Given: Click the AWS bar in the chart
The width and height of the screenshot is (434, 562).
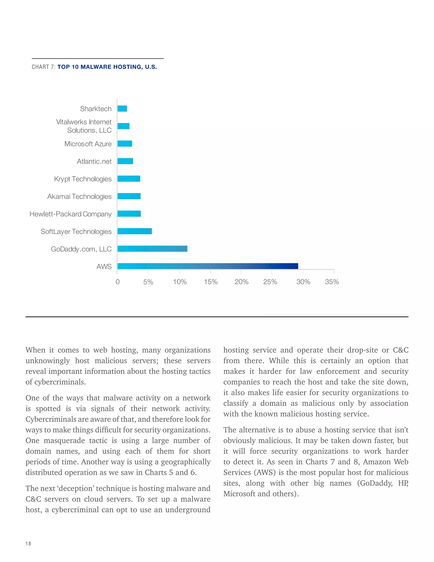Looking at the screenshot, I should pos(208,266).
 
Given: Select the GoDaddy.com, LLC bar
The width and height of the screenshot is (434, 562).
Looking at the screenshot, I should pos(152,249).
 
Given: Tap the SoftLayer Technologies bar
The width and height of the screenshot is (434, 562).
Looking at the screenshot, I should pos(135,231).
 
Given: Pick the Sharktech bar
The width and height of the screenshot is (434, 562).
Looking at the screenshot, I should pos(122,109).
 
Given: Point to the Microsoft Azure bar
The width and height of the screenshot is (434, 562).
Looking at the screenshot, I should pos(125,144).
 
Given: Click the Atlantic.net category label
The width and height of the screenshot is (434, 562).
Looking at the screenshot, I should pos(94,161).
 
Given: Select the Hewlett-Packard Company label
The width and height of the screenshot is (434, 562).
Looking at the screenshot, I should pos(70,214).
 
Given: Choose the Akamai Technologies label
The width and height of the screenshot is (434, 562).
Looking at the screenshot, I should pos(79,196).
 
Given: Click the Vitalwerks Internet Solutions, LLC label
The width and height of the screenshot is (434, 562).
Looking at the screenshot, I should pos(84,126).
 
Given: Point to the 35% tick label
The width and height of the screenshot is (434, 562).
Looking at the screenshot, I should pos(332,282).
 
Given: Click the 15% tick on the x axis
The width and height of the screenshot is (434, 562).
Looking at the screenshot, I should pos(211,282).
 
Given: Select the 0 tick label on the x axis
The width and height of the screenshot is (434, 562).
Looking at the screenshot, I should pos(117,282).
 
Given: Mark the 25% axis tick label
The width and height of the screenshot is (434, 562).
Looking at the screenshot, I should pos(270,282).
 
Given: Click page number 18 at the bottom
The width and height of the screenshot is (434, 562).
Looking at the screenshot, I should pos(28,544).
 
